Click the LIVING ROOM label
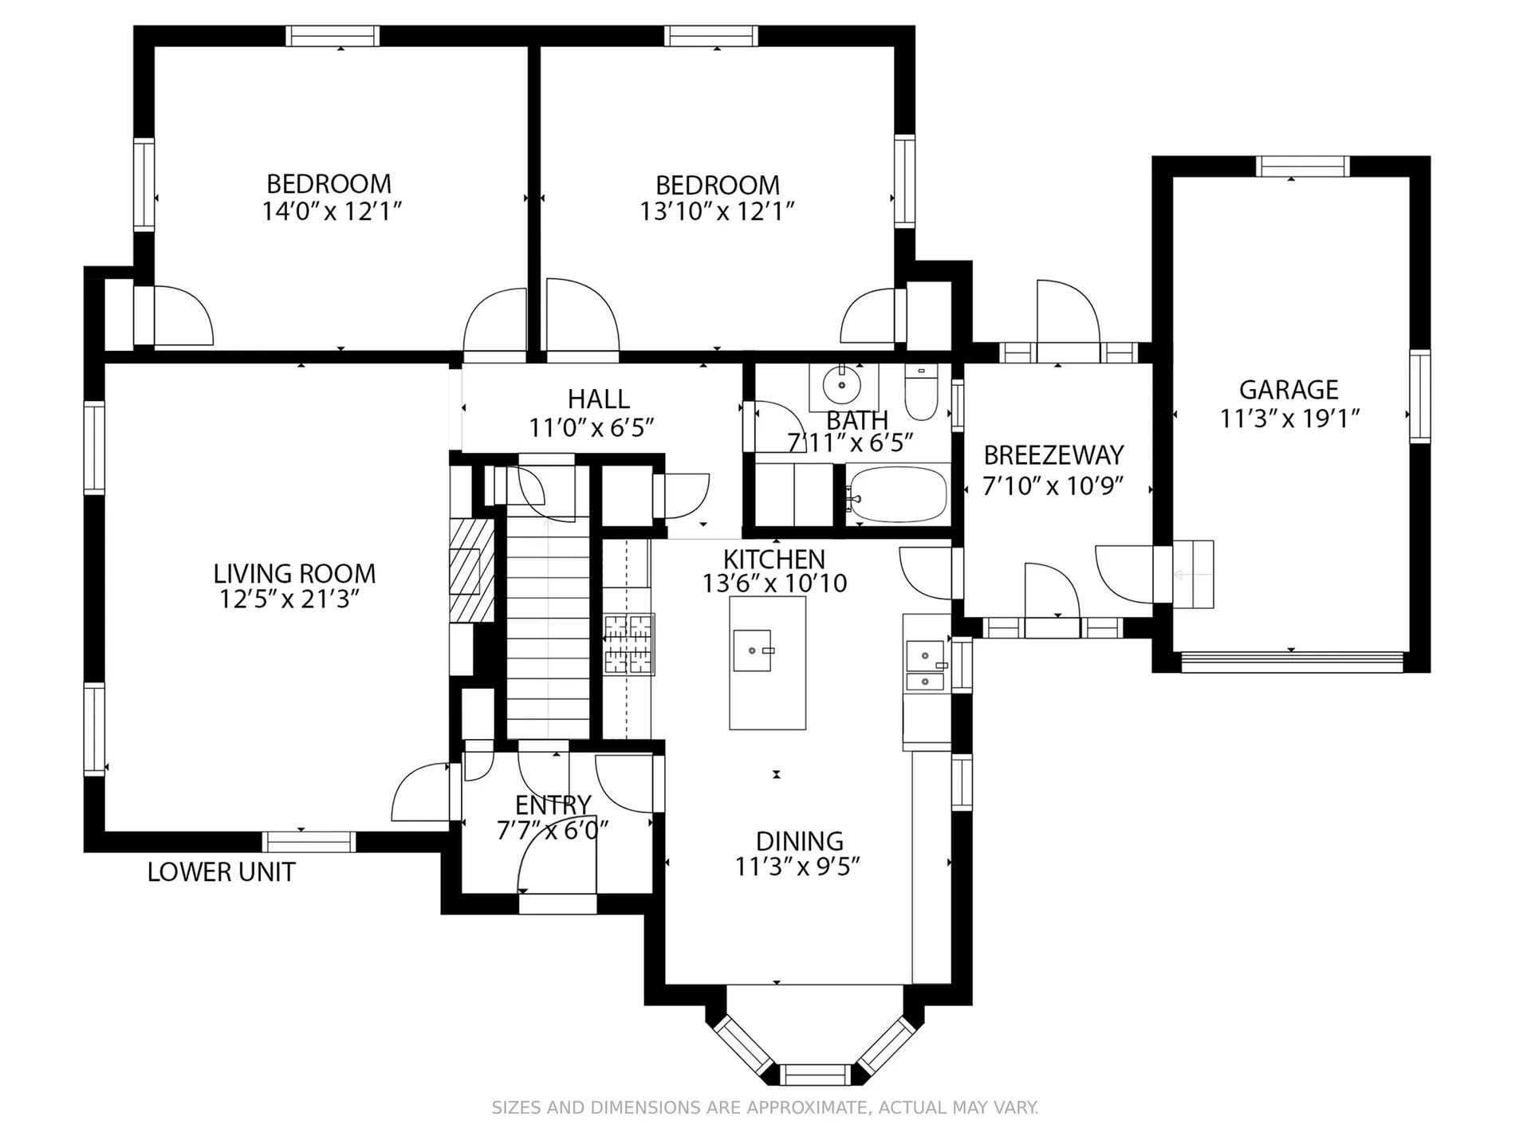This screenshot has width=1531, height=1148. click(x=294, y=573)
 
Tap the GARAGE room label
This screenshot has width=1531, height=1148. click(x=1289, y=390)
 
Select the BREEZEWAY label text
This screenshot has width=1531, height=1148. click(x=1053, y=455)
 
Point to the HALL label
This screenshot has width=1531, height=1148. click(x=599, y=399)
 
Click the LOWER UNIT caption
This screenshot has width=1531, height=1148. click(x=222, y=872)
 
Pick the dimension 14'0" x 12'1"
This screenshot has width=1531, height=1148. click(x=332, y=211)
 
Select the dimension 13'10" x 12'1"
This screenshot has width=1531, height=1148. click(x=718, y=211)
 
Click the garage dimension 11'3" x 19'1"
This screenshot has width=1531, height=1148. click(x=1289, y=419)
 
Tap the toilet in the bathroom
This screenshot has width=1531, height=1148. click(x=922, y=392)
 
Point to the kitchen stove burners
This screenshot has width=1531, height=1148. click(x=628, y=645)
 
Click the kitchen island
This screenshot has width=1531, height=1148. click(x=767, y=663)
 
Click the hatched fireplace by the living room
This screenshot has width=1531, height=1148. click(x=470, y=571)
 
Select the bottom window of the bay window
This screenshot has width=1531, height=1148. click(x=816, y=1074)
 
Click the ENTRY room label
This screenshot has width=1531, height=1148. click(x=553, y=804)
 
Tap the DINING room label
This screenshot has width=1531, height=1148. click(x=799, y=841)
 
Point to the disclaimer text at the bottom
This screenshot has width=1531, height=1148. click(x=765, y=1107)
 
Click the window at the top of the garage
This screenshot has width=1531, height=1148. click(x=1303, y=167)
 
